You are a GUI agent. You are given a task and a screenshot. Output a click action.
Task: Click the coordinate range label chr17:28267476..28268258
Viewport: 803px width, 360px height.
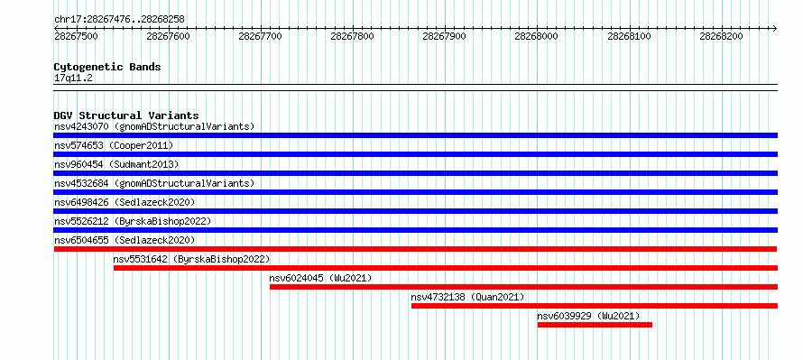[x=119, y=20]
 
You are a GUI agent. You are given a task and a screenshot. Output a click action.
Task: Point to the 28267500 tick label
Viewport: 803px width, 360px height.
[x=76, y=36]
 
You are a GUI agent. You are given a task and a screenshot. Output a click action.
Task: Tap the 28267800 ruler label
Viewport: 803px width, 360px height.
[x=353, y=36]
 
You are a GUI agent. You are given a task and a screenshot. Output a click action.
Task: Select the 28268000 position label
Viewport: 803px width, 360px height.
[x=536, y=36]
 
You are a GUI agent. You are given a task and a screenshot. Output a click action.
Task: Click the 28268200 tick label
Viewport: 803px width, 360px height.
[x=721, y=36]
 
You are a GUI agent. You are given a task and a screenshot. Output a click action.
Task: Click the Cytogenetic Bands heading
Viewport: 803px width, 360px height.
[x=107, y=67]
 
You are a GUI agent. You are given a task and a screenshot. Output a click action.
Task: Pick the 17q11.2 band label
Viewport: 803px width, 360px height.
[x=73, y=78]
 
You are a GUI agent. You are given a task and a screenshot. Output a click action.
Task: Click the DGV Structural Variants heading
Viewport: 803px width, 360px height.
[x=126, y=115]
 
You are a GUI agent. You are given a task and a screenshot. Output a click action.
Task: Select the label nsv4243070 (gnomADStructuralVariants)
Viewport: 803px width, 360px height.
[x=154, y=126]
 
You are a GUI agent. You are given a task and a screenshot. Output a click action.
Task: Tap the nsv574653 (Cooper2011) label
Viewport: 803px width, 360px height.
[x=114, y=145]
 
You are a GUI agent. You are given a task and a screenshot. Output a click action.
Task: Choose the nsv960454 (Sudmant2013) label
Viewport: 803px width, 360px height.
[x=116, y=164]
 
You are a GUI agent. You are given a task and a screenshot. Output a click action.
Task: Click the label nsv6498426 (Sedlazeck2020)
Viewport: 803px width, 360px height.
[x=125, y=202]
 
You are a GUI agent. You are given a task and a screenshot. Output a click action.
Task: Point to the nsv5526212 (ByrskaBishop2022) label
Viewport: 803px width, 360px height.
[x=133, y=221]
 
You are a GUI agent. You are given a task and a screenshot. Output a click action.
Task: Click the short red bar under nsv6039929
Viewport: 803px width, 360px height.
[x=595, y=325]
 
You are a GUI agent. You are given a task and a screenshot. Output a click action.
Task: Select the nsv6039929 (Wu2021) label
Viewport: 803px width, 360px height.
[x=588, y=316]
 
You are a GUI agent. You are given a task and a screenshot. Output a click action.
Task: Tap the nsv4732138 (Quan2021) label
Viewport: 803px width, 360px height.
[x=467, y=297]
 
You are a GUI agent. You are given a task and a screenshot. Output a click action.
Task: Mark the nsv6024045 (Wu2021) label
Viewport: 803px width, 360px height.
[x=320, y=278]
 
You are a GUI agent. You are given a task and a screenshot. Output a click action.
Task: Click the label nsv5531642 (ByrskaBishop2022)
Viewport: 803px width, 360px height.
[x=191, y=259]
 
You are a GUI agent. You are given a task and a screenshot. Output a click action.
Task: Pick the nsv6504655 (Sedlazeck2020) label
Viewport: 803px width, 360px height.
[x=125, y=240]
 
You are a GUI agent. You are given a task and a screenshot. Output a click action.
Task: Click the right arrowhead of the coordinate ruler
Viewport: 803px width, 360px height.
[x=775, y=28]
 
